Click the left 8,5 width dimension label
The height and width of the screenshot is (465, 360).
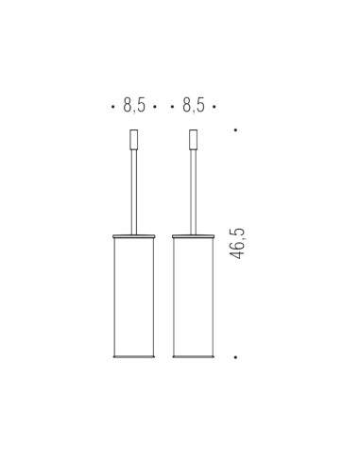point(134,105)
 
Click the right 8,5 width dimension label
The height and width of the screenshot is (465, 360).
point(194,105)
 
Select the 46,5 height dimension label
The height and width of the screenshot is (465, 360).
point(237,243)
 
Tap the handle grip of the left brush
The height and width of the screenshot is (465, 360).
point(134,139)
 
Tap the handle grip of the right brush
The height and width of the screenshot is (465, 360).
point(194,139)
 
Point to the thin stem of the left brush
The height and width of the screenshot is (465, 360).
point(134,192)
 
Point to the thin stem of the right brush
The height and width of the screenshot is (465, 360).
point(194,192)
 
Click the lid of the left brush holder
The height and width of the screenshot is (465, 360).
point(134,236)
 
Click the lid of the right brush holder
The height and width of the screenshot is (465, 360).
point(194,236)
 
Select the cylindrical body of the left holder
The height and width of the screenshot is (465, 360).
point(134,297)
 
